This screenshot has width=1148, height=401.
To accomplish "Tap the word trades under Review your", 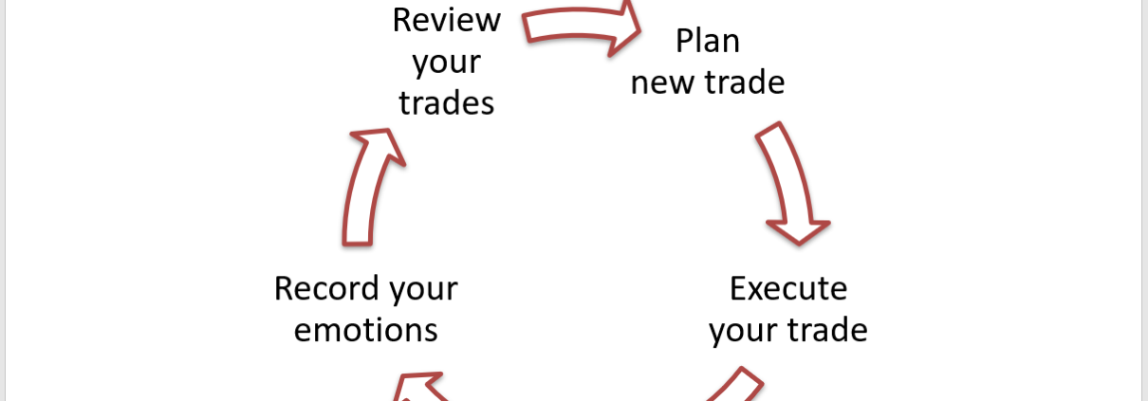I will pos(446,102).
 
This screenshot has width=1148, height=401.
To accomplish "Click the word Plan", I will pos(707,42).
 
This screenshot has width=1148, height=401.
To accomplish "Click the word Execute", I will pos(787,287).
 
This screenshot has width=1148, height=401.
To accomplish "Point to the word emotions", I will pos(365,330).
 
